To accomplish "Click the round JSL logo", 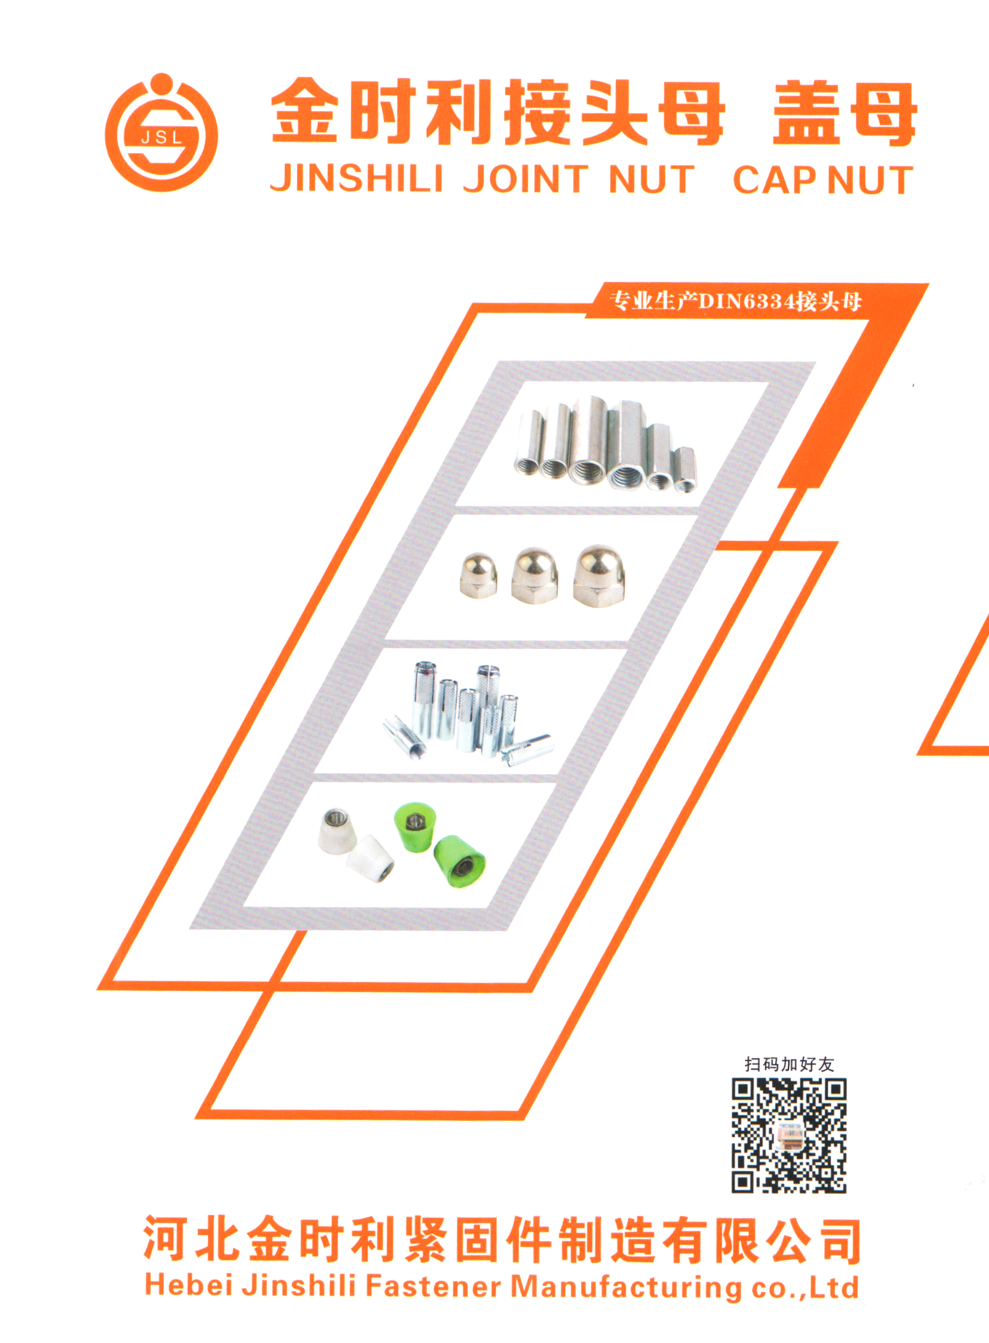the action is (x=161, y=133).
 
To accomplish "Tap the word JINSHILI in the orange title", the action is (x=357, y=178).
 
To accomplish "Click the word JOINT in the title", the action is (x=526, y=178).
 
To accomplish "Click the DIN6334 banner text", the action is (x=735, y=300).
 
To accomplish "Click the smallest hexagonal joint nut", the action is (x=684, y=469).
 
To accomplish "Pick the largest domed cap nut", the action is (x=599, y=575).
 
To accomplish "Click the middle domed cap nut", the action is (x=535, y=575).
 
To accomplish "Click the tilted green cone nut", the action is (x=460, y=861).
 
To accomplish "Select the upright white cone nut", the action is (x=336, y=831).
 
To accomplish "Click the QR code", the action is (x=789, y=1136).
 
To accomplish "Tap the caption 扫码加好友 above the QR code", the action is (x=789, y=1064).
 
